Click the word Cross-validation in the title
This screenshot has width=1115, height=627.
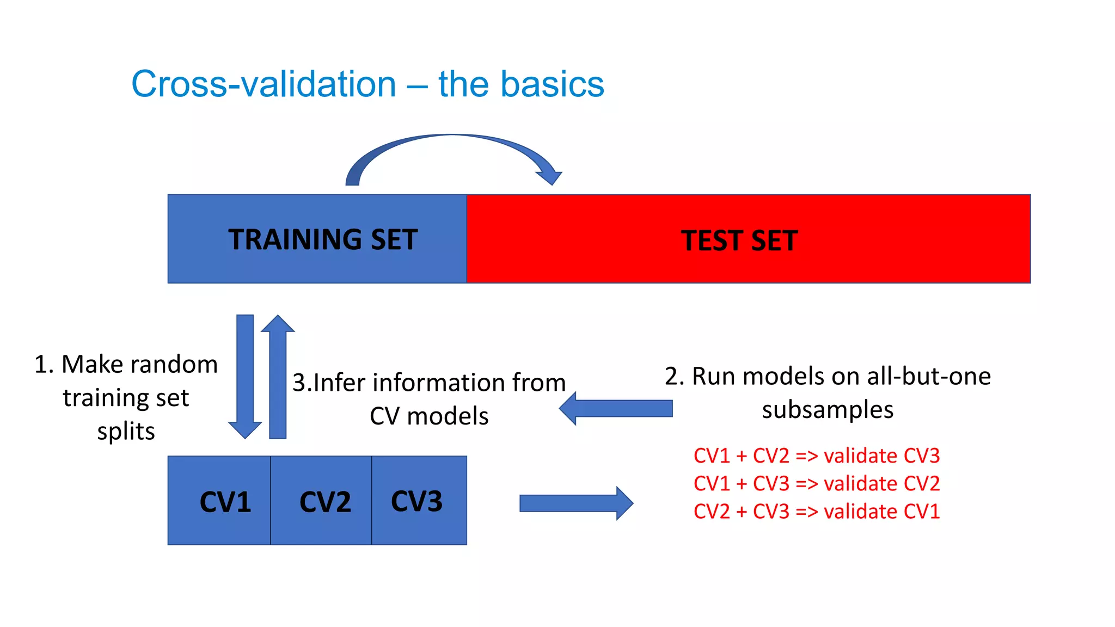click(264, 84)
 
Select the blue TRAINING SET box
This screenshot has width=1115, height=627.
click(317, 239)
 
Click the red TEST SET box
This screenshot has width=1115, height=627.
click(749, 239)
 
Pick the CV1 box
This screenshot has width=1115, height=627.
click(219, 501)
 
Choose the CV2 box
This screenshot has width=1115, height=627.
click(321, 501)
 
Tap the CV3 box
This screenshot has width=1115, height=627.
click(419, 501)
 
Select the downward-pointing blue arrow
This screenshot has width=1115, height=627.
click(245, 376)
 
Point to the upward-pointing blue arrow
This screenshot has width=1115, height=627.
click(278, 376)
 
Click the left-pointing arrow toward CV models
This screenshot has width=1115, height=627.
click(615, 408)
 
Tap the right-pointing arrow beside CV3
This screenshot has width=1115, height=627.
click(576, 503)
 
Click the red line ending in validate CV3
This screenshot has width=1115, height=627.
click(816, 456)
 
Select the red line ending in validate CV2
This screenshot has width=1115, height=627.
click(816, 483)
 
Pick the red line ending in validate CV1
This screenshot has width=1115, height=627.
click(816, 512)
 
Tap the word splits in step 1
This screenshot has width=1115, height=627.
click(126, 432)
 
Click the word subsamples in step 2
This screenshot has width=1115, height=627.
click(827, 410)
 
